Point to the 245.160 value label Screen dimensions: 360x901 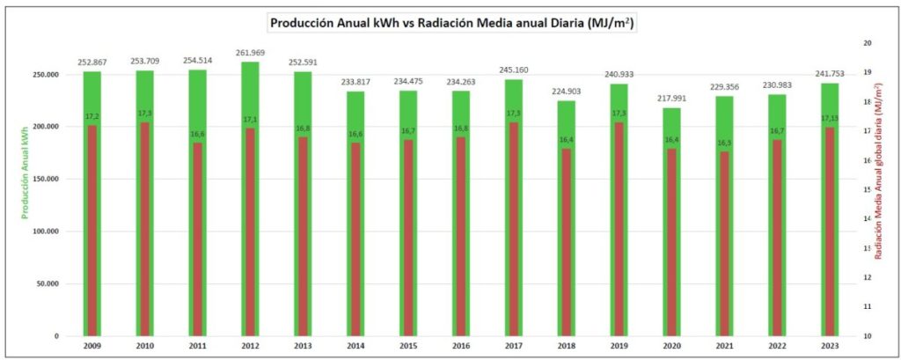[x=514, y=70]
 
